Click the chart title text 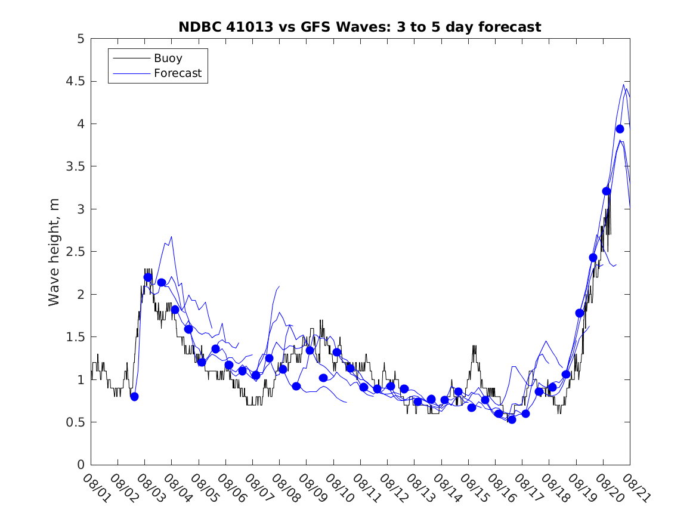(360, 27)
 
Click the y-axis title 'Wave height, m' (54, 252)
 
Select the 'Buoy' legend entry (168, 58)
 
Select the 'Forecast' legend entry (177, 74)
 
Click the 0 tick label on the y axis (81, 465)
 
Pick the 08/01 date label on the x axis (96, 487)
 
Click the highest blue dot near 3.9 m (620, 129)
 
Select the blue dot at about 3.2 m (607, 191)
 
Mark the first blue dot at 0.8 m (134, 396)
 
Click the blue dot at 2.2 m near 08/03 (148, 277)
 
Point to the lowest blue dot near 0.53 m (512, 419)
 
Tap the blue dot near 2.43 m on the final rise (593, 258)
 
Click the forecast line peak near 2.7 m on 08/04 (171, 237)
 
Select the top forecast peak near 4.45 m (623, 85)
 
